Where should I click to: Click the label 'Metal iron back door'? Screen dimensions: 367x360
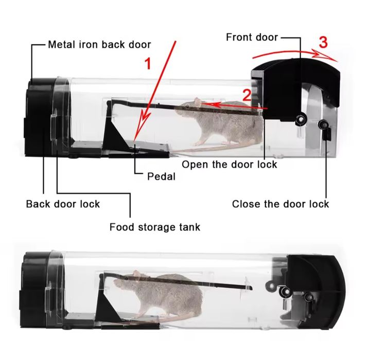pyautogui.click(x=99, y=44)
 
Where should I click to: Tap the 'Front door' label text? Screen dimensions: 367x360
pyautogui.click(x=252, y=37)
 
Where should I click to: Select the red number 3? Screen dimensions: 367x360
pyautogui.click(x=323, y=43)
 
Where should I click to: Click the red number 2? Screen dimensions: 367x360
pyautogui.click(x=247, y=95)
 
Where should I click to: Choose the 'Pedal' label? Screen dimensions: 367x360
pyautogui.click(x=161, y=176)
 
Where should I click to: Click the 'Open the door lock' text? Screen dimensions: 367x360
pyautogui.click(x=230, y=164)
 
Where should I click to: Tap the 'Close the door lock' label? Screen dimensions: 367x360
pyautogui.click(x=281, y=204)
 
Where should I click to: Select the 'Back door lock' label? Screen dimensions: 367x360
pyautogui.click(x=63, y=204)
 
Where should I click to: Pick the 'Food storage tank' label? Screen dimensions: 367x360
pyautogui.click(x=155, y=227)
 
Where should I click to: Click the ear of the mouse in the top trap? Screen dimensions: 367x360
pyautogui.click(x=198, y=102)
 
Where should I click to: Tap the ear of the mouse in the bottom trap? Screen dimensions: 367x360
pyautogui.click(x=137, y=274)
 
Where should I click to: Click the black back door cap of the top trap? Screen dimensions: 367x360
pyautogui.click(x=39, y=117)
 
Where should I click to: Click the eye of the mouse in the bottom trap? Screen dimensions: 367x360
pyautogui.click(x=126, y=278)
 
